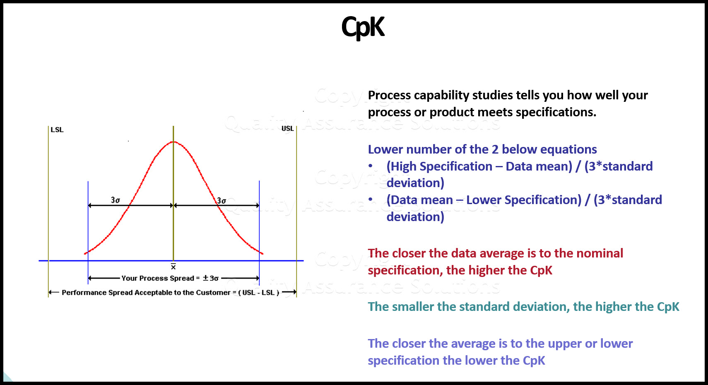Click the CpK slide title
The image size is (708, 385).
[x=363, y=27]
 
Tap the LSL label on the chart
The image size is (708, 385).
[x=57, y=130]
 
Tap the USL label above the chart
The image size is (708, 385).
[x=287, y=128]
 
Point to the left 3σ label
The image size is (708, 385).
[x=115, y=200]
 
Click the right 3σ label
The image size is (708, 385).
[x=222, y=201]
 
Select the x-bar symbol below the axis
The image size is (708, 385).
[x=173, y=267]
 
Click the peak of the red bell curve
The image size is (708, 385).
[x=173, y=142]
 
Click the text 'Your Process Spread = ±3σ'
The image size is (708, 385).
[x=170, y=278]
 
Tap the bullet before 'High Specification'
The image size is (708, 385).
[x=371, y=166]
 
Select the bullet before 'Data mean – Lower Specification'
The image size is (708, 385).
[x=371, y=200]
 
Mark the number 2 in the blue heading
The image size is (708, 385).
[x=495, y=149]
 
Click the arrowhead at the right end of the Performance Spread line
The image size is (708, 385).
[x=294, y=292]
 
